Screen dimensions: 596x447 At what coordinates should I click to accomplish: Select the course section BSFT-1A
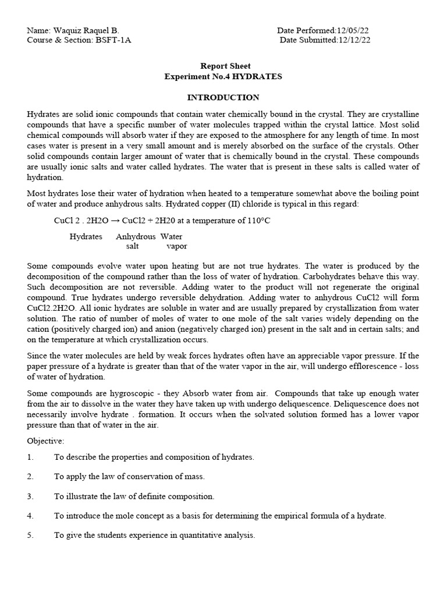tap(114, 40)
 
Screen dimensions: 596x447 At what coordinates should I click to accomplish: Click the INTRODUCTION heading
tap(223, 97)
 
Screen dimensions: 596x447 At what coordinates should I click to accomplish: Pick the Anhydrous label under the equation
tap(136, 237)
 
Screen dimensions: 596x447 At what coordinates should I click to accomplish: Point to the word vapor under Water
tap(177, 246)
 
